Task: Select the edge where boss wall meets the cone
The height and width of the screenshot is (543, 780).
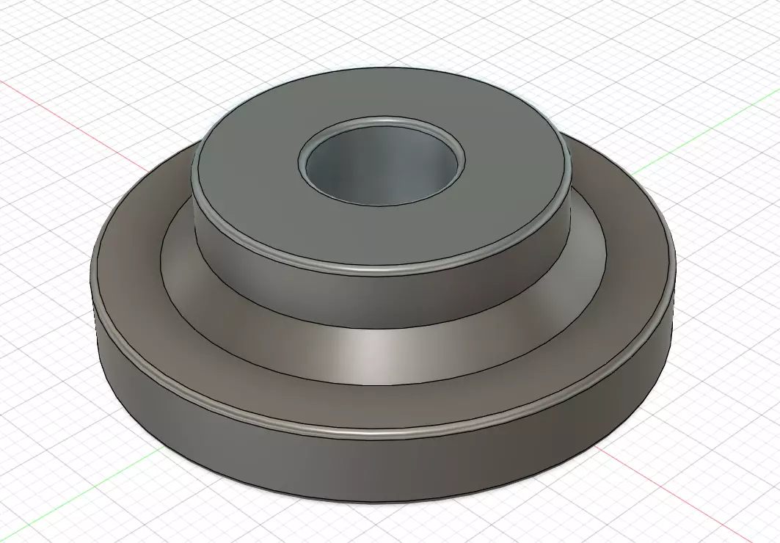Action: coord(382,328)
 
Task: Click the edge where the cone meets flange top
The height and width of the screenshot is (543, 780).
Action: coord(382,387)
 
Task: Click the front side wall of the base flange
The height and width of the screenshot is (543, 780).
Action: coord(382,470)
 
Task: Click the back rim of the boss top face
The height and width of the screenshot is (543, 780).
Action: coord(382,70)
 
